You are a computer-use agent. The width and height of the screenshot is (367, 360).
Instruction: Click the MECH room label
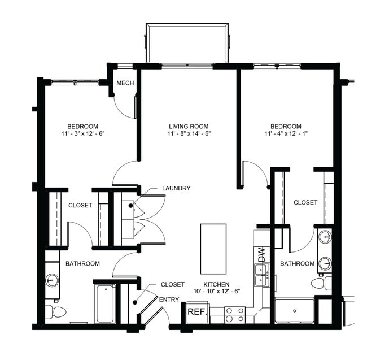(125, 84)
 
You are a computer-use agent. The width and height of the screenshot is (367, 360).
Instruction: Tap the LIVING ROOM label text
(189, 126)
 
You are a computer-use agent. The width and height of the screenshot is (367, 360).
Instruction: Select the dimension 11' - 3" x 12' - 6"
(82, 134)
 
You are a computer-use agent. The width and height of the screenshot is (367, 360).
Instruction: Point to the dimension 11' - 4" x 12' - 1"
(285, 134)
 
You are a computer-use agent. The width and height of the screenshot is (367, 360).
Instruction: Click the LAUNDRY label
(176, 188)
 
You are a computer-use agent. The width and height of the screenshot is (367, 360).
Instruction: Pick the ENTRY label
(169, 300)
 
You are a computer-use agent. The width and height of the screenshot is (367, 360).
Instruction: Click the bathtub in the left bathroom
(106, 303)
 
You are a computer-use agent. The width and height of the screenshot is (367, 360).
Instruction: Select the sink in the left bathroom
(52, 280)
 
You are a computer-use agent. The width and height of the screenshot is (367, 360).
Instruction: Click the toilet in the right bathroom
(320, 283)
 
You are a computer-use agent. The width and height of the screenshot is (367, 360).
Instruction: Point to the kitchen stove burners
(235, 315)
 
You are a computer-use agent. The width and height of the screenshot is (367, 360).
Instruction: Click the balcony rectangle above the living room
(187, 43)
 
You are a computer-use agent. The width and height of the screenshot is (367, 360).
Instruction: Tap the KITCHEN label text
(217, 284)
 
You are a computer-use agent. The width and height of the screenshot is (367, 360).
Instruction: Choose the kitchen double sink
(261, 275)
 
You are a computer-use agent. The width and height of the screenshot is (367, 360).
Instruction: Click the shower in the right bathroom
(294, 310)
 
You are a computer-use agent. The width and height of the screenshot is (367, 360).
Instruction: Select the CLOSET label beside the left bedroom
(80, 205)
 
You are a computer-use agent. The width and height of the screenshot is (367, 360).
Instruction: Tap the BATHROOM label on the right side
(297, 263)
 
